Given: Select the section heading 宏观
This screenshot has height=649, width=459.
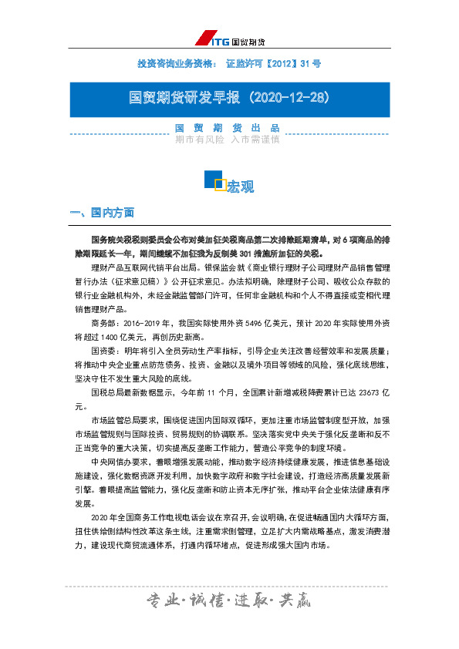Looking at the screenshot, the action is click(x=240, y=187).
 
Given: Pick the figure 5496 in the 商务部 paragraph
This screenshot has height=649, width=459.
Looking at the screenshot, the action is click(x=241, y=324).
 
